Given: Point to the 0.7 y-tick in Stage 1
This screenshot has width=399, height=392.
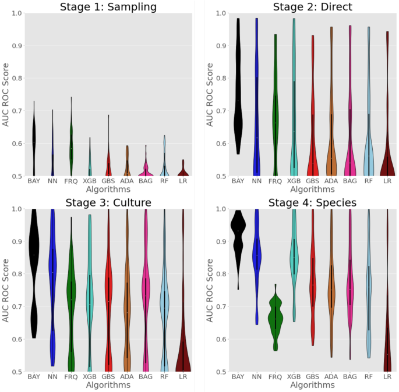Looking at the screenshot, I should tap(18, 111).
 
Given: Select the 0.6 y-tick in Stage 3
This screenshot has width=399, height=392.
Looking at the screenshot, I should tap(18, 339).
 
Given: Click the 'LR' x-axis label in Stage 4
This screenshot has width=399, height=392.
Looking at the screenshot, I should tap(387, 377).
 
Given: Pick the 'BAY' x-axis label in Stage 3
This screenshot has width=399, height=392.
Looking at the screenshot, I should tap(34, 377).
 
